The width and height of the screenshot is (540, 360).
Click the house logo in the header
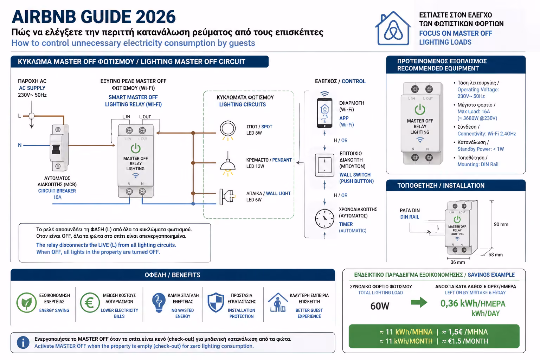(x=393, y=28)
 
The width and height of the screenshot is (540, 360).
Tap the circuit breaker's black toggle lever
(x=56, y=149)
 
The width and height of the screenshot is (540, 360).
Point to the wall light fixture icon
(x=227, y=197)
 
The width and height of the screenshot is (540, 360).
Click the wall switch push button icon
(x=324, y=165)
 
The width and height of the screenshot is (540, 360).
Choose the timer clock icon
(x=324, y=218)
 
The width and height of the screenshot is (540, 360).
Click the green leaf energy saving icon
(x=26, y=302)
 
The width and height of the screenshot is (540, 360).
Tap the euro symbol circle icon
(x=90, y=302)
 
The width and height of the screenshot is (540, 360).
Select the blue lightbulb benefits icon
(x=159, y=303)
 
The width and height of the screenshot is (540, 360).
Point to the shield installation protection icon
(x=216, y=302)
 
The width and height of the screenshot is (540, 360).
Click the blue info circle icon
(x=23, y=342)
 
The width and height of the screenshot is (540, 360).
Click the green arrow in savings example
(x=419, y=302)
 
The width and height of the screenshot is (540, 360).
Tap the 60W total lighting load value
(x=380, y=306)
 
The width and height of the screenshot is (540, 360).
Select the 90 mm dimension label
(x=501, y=224)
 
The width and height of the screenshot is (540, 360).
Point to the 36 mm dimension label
(x=458, y=262)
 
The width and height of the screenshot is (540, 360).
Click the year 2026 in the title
(x=155, y=17)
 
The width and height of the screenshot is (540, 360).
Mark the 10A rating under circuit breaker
(x=57, y=197)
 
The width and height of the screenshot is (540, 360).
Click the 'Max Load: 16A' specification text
(x=474, y=111)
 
